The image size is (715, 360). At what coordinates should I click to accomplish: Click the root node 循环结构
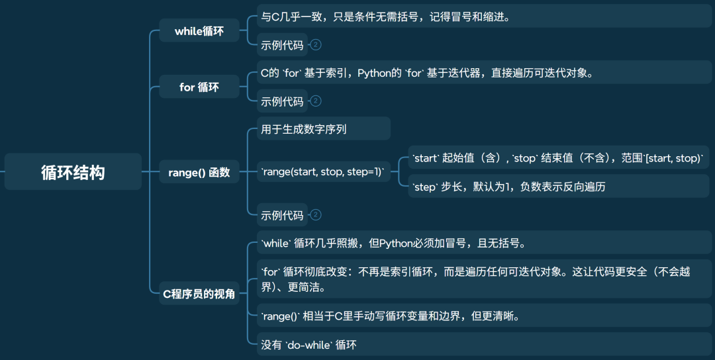click(x=73, y=172)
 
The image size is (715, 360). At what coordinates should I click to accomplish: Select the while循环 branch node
click(x=199, y=31)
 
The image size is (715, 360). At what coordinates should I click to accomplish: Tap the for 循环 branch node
click(x=199, y=87)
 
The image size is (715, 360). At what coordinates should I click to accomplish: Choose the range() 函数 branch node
click(x=199, y=172)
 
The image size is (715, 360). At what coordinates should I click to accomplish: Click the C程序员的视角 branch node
click(x=199, y=294)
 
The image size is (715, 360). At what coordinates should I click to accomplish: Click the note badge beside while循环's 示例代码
click(x=316, y=45)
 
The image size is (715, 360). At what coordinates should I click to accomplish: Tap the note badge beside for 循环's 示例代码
click(x=316, y=101)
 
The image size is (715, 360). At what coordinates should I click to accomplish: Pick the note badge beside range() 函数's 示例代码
click(x=316, y=215)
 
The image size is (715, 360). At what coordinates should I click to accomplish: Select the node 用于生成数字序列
click(x=304, y=129)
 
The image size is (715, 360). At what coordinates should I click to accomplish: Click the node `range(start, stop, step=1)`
click(x=322, y=172)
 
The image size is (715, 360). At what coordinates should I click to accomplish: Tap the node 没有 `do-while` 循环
click(x=309, y=344)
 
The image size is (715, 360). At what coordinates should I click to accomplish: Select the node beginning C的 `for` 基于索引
click(x=426, y=73)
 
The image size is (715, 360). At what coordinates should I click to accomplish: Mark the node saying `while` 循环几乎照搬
click(x=393, y=243)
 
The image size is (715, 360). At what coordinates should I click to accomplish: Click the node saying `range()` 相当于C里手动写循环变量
click(x=390, y=316)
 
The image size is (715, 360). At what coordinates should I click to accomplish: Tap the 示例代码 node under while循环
click(x=283, y=45)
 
